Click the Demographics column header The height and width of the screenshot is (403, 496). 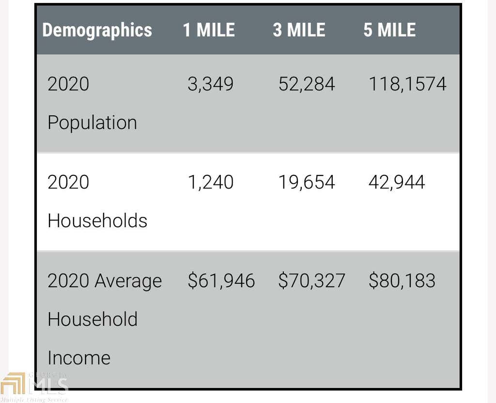[x=97, y=31]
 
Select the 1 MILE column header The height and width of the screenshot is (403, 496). [x=209, y=30]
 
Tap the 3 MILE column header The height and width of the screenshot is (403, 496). [x=299, y=30]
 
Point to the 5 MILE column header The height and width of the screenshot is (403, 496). [x=389, y=30]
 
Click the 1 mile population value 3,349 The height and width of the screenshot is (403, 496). [x=211, y=84]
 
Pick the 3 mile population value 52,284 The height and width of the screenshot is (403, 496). [x=307, y=84]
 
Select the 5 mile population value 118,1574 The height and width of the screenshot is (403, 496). [x=407, y=84]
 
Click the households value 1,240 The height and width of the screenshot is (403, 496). [x=211, y=182]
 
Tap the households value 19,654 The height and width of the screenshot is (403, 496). [x=307, y=182]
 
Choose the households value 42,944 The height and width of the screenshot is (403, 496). [x=397, y=182]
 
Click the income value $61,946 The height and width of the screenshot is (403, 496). [x=221, y=280]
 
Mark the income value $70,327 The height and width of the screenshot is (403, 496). [x=311, y=280]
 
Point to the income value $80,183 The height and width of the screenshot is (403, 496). [x=402, y=280]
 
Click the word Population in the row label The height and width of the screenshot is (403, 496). [x=93, y=123]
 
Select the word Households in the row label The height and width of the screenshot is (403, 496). [x=97, y=220]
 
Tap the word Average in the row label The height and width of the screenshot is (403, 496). [x=128, y=281]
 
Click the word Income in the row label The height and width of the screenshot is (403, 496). [x=79, y=358]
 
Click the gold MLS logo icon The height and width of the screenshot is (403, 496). [x=13, y=384]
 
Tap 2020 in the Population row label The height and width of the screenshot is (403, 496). [x=68, y=84]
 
